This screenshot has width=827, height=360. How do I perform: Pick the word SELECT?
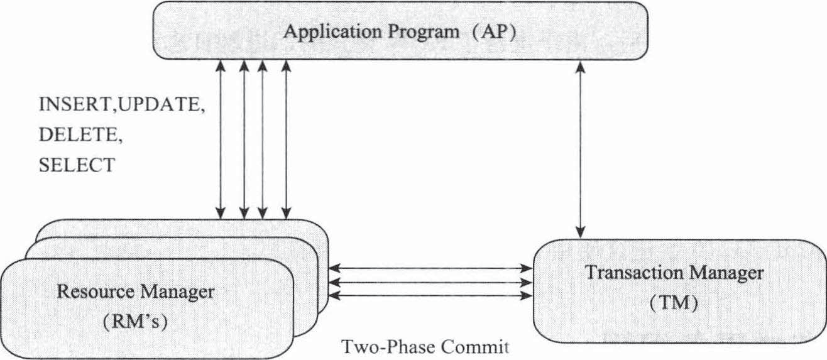[x=77, y=165]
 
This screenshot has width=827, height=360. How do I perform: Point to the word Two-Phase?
[x=381, y=347]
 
